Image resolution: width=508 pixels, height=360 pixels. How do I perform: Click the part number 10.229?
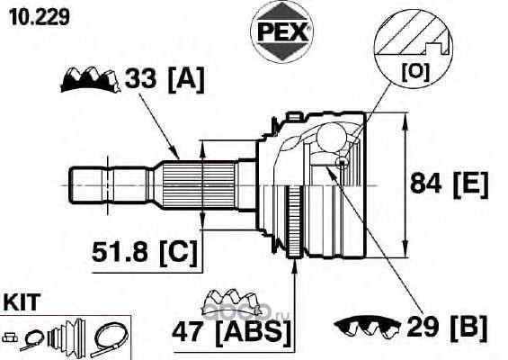(x=40, y=16)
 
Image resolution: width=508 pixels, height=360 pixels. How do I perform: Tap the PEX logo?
(x=281, y=31)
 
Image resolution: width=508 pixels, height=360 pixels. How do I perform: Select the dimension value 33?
(x=140, y=78)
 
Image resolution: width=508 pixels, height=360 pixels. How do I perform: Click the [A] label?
(x=186, y=79)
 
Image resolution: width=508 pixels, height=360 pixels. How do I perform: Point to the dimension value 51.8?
(x=120, y=252)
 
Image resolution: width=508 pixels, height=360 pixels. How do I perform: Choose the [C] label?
(x=178, y=253)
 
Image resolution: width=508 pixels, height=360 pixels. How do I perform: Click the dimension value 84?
(x=425, y=184)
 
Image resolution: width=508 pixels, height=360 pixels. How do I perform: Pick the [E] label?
(x=471, y=184)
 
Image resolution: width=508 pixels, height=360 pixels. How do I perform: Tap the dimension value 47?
(x=188, y=332)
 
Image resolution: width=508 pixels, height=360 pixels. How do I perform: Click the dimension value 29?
(x=423, y=327)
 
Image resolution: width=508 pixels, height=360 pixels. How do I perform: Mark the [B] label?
(x=468, y=328)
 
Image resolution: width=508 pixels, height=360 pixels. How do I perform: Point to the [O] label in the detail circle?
(x=415, y=72)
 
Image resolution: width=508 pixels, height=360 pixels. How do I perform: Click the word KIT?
(x=22, y=302)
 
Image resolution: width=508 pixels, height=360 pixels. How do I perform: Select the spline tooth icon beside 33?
(x=90, y=80)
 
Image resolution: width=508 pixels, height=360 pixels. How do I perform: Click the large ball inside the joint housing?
(x=331, y=137)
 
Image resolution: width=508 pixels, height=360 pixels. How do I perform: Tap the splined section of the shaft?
(x=199, y=185)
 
